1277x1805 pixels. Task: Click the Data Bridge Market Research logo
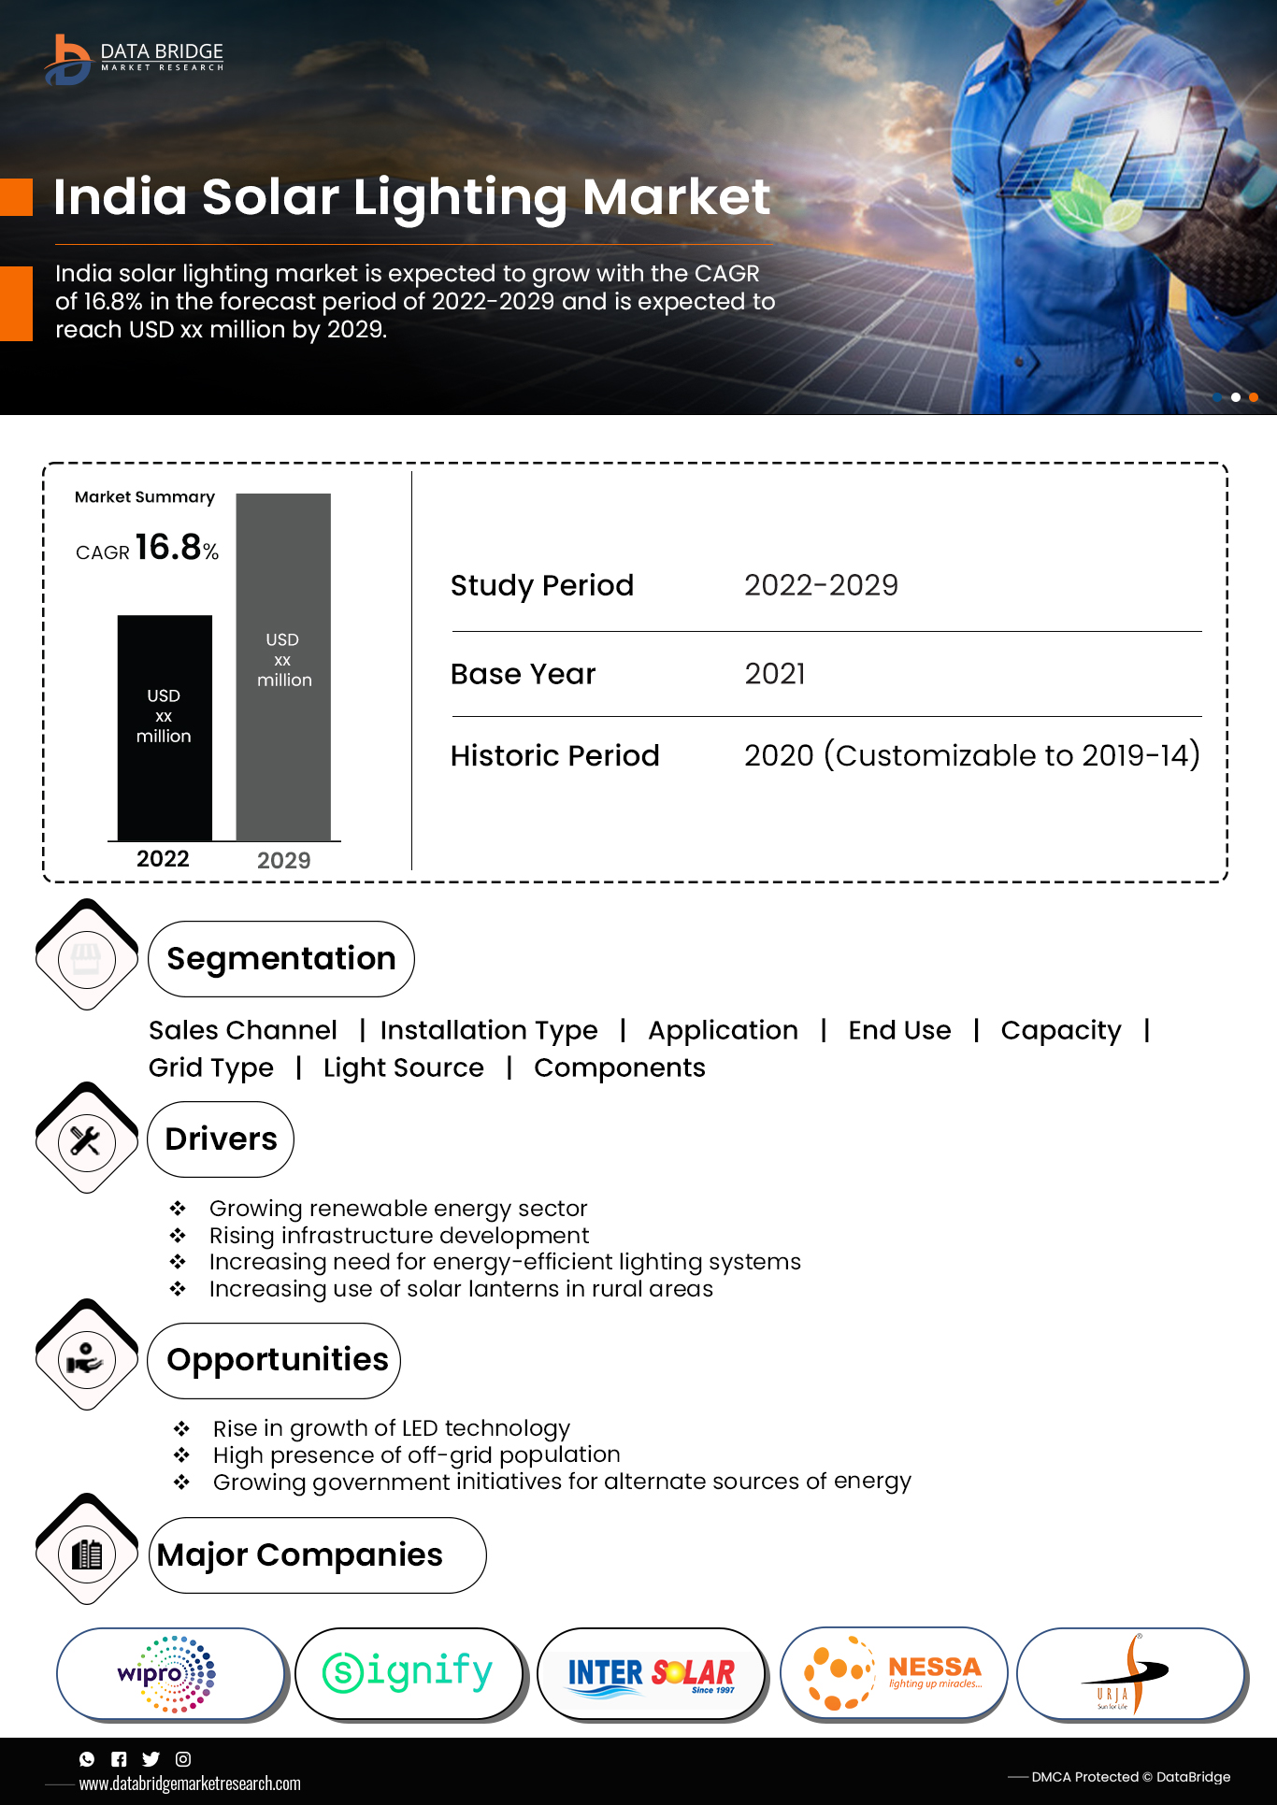(134, 58)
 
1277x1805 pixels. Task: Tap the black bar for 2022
(165, 727)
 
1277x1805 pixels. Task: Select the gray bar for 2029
(283, 666)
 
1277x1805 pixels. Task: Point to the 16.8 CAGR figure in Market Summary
(168, 548)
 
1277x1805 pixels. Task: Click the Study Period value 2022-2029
(821, 585)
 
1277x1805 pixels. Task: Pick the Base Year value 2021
(775, 674)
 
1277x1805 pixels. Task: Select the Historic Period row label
(555, 755)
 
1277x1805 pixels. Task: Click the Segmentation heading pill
(280, 959)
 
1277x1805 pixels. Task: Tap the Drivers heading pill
(221, 1139)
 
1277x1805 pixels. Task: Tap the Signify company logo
(408, 1673)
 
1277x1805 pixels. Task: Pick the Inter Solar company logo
(651, 1673)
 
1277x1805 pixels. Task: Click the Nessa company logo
(893, 1673)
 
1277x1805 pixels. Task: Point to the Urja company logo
(1130, 1673)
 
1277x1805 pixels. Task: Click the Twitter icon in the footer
(151, 1759)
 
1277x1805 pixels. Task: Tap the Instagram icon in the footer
(183, 1759)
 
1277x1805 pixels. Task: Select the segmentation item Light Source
(404, 1067)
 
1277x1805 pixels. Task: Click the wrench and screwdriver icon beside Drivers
(86, 1140)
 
